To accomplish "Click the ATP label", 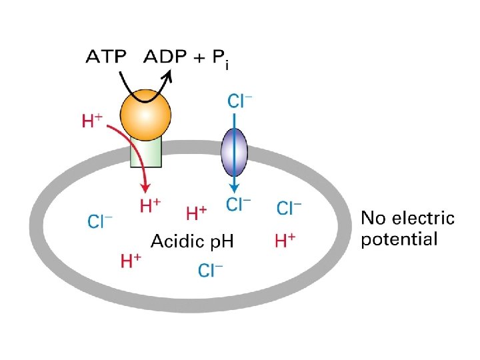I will tap(105, 57).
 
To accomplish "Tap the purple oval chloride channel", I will tap(234, 151).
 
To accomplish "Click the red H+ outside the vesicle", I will tap(92, 121).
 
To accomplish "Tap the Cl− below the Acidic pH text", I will tap(211, 270).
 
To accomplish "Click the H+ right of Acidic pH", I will tap(285, 239).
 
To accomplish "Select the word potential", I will tap(399, 239).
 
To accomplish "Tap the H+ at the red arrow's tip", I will tap(150, 206).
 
